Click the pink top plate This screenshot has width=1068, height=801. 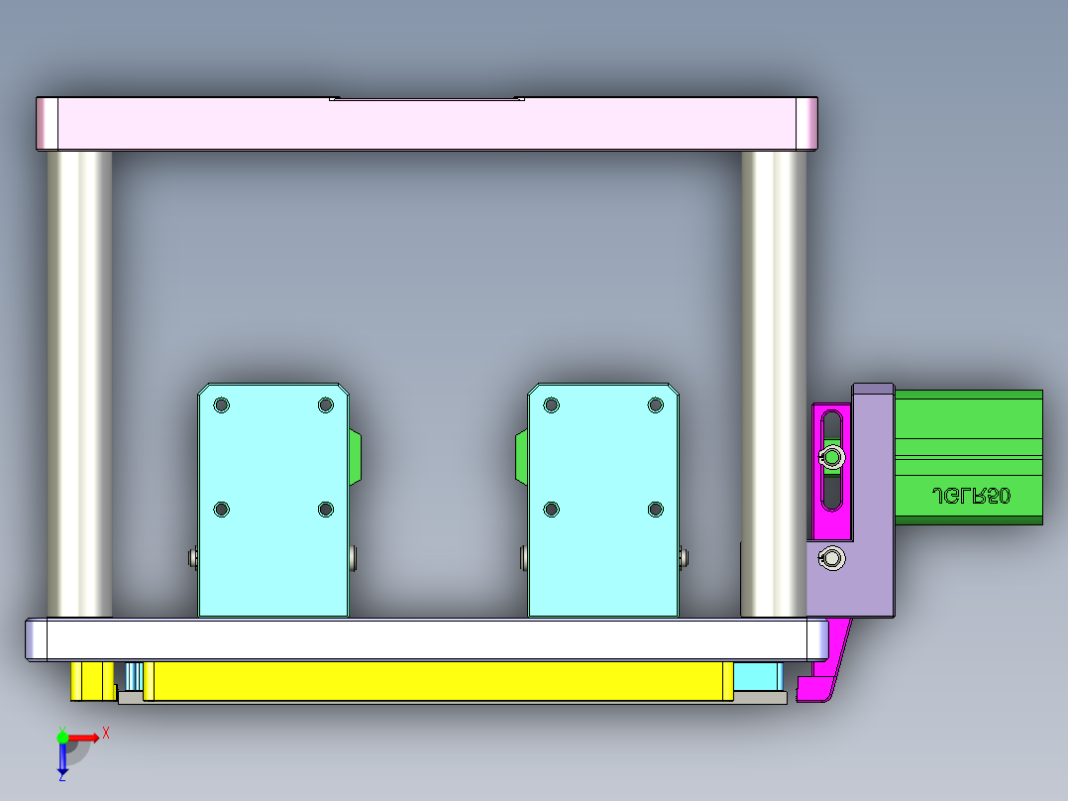pyautogui.click(x=426, y=124)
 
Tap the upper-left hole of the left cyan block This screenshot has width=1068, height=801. pyautogui.click(x=221, y=404)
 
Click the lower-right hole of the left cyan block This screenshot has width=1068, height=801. pyautogui.click(x=326, y=509)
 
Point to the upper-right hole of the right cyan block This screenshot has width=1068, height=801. pyautogui.click(x=655, y=404)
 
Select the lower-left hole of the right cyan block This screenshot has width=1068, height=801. pyautogui.click(x=552, y=509)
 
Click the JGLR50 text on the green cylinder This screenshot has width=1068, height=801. pyautogui.click(x=971, y=495)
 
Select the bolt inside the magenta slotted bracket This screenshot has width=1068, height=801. pyautogui.click(x=833, y=457)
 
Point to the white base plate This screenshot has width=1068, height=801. pyautogui.click(x=426, y=639)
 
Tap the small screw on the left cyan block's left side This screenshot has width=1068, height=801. pyautogui.click(x=192, y=558)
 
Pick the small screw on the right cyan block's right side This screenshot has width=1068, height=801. pyautogui.click(x=684, y=558)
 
